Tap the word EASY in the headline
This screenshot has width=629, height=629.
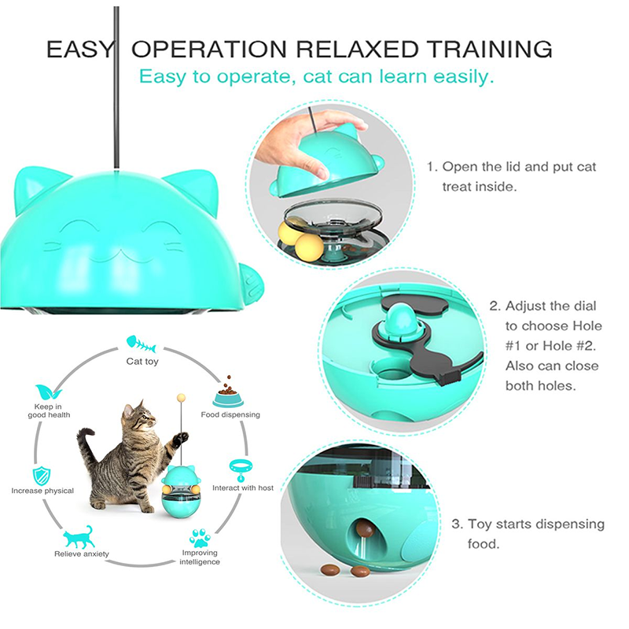point(80,50)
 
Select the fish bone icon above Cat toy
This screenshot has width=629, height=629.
point(142,344)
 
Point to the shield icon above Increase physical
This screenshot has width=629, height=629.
point(42,476)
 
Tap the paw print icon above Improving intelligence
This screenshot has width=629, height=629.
point(200,538)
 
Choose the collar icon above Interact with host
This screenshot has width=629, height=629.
point(241,469)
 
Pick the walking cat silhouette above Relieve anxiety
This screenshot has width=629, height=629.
point(79,537)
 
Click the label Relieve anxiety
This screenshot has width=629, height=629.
point(82,554)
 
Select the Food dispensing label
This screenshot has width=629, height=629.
point(230,415)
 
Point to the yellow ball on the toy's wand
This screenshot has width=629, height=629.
point(182,399)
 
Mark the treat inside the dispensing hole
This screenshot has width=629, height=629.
point(365,529)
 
